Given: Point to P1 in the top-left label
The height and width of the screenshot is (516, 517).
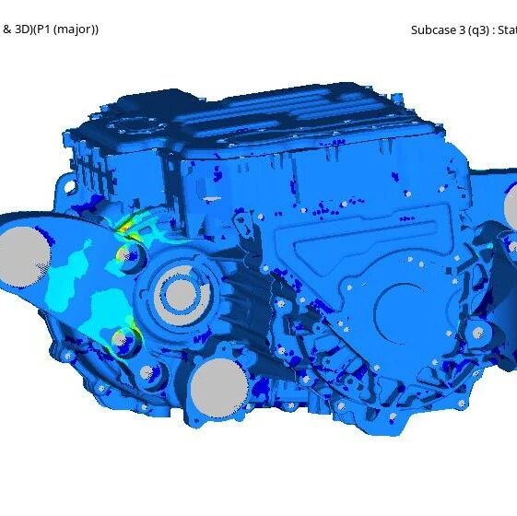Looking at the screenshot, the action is pos(42,29).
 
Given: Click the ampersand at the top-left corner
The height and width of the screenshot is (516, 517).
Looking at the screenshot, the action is pos(7,29).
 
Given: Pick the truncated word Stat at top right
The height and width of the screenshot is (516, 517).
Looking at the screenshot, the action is pos(507,30).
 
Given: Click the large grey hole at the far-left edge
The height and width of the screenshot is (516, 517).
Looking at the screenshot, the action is pos(24,256).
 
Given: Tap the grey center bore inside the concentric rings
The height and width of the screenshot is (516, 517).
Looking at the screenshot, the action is pos(181,295).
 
